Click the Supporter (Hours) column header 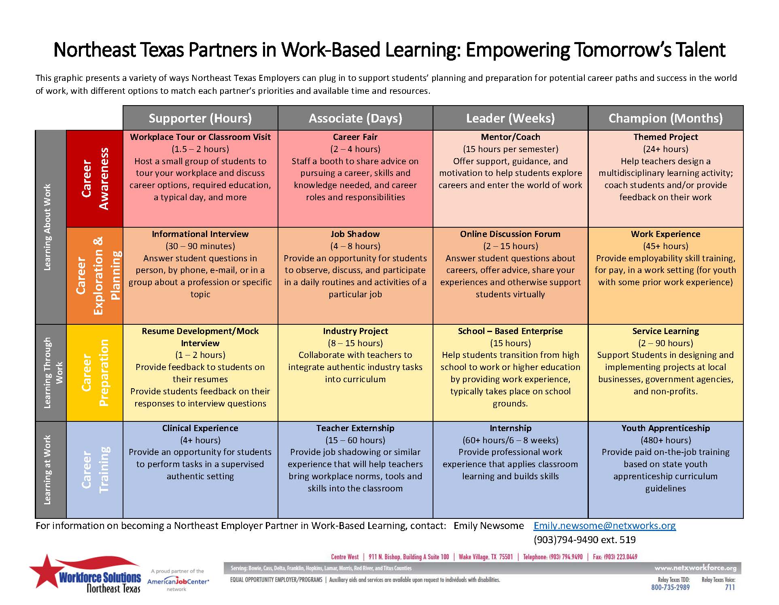pyautogui.click(x=200, y=118)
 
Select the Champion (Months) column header pyautogui.click(x=665, y=118)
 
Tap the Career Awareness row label pyautogui.click(x=95, y=178)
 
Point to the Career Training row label pyautogui.click(x=95, y=470)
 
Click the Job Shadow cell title pyautogui.click(x=355, y=234)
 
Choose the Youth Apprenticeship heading pyautogui.click(x=665, y=428)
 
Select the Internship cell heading pyautogui.click(x=510, y=428)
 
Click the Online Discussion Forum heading pyautogui.click(x=510, y=234)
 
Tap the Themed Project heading pyautogui.click(x=665, y=137)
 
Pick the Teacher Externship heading pyautogui.click(x=355, y=428)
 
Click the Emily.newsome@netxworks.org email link pyautogui.click(x=605, y=526)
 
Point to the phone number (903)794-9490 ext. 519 pyautogui.click(x=584, y=540)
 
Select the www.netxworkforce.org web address pyautogui.click(x=695, y=568)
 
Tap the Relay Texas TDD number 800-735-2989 pyautogui.click(x=670, y=588)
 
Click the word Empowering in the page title pyautogui.click(x=517, y=50)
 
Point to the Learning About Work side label pyautogui.click(x=48, y=227)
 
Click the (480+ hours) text pyautogui.click(x=665, y=440)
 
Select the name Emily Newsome pyautogui.click(x=488, y=526)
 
